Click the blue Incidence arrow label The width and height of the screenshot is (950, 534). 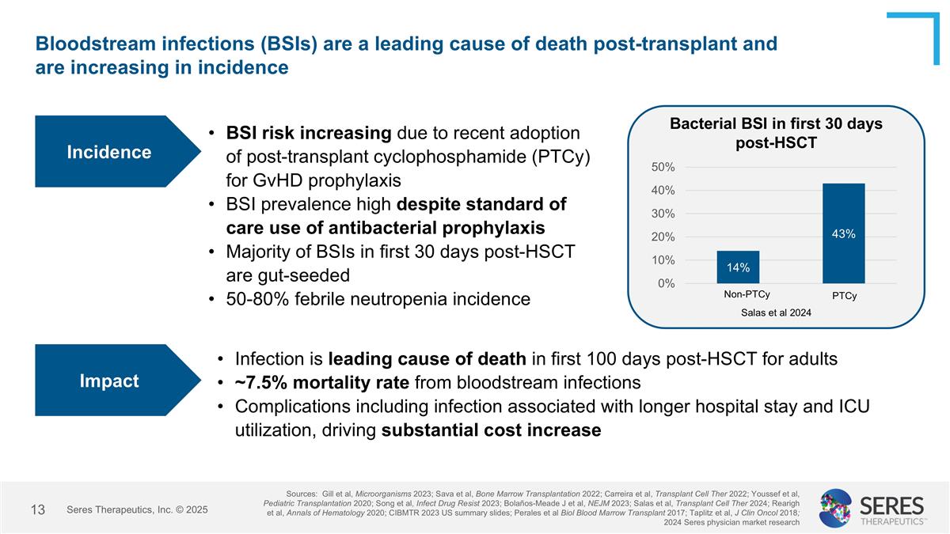109,152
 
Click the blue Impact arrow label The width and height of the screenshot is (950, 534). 109,381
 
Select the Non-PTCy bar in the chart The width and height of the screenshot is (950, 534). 738,267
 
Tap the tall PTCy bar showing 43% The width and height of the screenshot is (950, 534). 843,233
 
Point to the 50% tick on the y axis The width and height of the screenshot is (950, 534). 663,167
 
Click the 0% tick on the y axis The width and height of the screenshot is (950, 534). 666,283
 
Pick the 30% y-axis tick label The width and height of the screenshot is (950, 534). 663,214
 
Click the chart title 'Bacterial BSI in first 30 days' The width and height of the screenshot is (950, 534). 776,124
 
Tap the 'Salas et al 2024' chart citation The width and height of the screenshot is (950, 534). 776,312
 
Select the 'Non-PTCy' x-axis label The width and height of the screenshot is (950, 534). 747,294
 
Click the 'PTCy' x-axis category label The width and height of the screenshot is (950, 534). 844,296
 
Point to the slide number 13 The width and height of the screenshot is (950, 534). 37,509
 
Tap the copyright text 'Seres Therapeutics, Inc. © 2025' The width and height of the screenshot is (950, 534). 137,509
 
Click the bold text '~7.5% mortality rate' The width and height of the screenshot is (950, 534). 321,383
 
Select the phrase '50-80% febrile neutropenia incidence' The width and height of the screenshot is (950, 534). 378,299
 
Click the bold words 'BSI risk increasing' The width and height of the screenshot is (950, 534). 309,132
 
